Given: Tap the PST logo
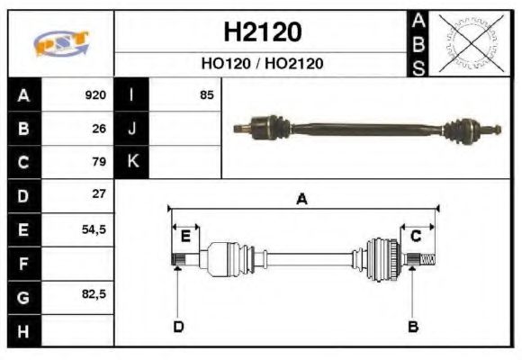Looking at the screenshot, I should click(60, 43).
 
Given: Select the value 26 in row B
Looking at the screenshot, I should click(99, 129).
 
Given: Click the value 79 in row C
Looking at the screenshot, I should click(99, 162).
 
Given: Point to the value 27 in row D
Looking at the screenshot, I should click(99, 194).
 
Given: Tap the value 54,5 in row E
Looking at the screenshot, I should click(94, 229).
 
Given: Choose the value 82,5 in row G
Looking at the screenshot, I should click(94, 294).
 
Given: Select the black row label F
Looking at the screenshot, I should click(23, 263).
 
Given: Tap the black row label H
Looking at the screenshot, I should click(23, 329).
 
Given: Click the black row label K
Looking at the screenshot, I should click(132, 162).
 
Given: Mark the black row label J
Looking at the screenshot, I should click(132, 129).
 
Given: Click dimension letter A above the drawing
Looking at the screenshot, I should click(302, 200).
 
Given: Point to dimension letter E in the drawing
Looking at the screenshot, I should click(185, 237).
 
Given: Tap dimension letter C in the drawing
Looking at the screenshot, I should click(416, 237).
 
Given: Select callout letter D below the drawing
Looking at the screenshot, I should click(178, 326).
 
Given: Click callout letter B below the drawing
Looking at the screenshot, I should click(413, 326).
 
